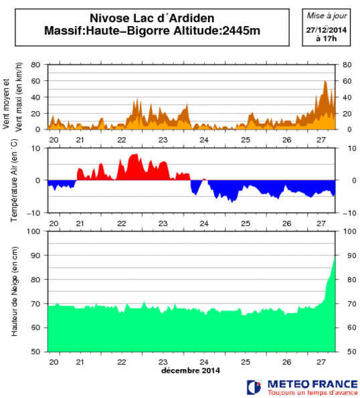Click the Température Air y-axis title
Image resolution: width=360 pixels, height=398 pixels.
[x=13, y=180]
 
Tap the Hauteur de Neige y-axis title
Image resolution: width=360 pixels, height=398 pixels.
[x=13, y=291]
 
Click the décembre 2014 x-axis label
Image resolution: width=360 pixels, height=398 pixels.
[x=191, y=370]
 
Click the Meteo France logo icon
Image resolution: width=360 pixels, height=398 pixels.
[x=254, y=387]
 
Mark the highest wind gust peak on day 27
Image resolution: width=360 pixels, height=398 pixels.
[x=325, y=82]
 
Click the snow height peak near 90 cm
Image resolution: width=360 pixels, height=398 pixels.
[x=335, y=258]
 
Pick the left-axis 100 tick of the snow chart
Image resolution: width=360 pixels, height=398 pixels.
[x=37, y=231]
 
